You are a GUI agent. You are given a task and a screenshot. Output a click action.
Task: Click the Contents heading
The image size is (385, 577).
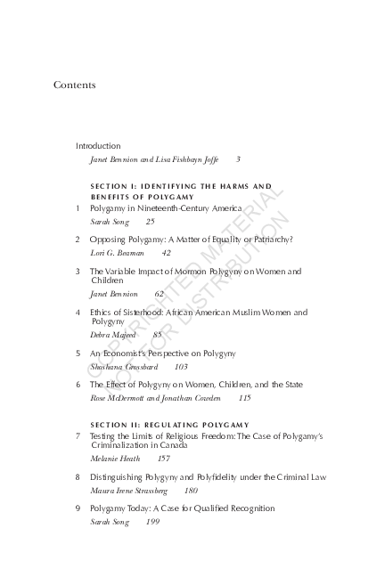[74, 85]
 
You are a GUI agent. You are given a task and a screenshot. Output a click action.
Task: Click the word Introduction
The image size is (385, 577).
[98, 145]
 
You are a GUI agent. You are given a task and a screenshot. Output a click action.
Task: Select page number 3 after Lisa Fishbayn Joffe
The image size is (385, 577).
[238, 159]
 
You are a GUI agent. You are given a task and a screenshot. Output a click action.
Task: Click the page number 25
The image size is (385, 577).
[150, 221]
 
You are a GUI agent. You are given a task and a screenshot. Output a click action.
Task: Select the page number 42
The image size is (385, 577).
[167, 253]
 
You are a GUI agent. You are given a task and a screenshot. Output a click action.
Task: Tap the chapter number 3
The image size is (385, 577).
[78, 271]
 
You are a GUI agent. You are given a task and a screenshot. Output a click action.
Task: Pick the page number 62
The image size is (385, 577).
[159, 293]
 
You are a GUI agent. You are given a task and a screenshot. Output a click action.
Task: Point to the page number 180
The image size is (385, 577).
[191, 491]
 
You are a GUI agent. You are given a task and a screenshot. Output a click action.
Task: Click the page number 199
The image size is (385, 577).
[152, 522]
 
